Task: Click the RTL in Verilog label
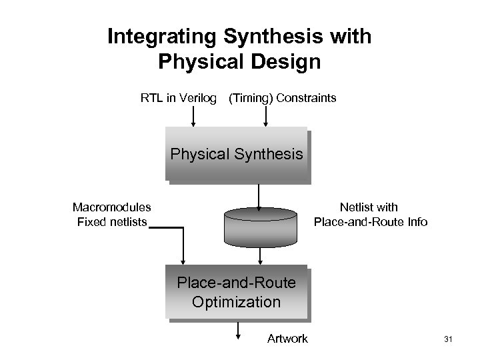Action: pos(179,98)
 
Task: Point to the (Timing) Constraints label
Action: pos(282,98)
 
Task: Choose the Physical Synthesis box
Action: pos(237,155)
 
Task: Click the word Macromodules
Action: pos(112,207)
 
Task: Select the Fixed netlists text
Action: pos(112,221)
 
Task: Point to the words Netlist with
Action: pos(369,207)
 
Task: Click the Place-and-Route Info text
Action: pos(371,221)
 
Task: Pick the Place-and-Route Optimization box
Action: pos(237,293)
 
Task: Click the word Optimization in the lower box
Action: pos(236,301)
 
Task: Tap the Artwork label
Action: pos(287,339)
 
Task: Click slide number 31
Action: pos(447,340)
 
